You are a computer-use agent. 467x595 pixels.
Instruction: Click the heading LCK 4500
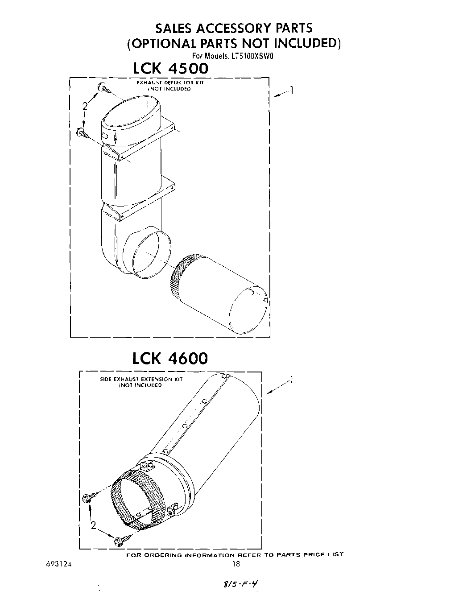[x=170, y=69]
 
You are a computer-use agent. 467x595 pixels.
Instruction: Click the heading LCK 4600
[x=170, y=358]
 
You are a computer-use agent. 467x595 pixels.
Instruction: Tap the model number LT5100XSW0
[x=252, y=57]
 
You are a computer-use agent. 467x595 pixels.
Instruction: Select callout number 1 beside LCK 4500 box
[x=291, y=91]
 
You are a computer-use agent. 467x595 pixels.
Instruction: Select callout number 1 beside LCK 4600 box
[x=291, y=380]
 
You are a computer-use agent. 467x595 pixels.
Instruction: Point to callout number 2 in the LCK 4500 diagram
[x=84, y=106]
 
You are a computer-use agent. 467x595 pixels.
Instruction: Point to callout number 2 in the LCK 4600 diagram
[x=93, y=525]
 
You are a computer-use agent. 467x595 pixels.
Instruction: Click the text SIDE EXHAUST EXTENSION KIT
[x=141, y=379]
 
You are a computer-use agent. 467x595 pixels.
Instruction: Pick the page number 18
[x=236, y=564]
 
